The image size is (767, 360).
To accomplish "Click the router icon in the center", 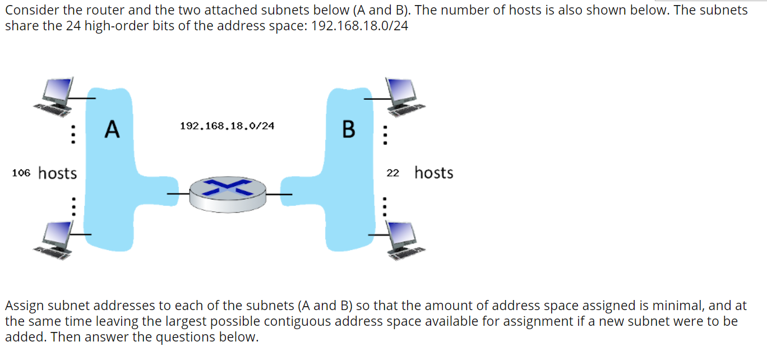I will click(227, 193).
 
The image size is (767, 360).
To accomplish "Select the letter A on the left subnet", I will click(112, 129).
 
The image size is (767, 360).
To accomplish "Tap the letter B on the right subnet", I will click(348, 129).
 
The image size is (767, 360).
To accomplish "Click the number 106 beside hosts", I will click(21, 173).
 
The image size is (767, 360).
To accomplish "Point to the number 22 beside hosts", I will click(392, 173).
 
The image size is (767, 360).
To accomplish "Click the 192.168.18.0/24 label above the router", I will click(227, 126).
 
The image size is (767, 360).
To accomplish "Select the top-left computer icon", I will click(56, 95).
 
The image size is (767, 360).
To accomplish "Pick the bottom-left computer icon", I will click(56, 238).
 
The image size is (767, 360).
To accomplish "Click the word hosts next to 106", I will click(57, 173).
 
